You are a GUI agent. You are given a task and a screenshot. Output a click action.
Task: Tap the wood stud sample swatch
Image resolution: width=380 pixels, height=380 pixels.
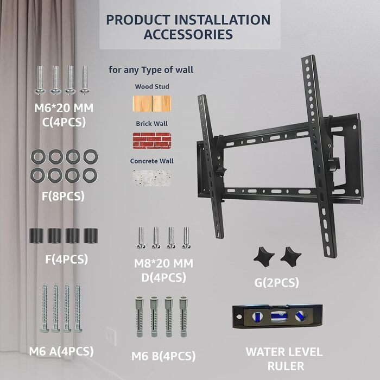point(152,104)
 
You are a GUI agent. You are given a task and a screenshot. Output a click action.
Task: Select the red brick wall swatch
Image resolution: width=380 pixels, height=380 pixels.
point(152,141)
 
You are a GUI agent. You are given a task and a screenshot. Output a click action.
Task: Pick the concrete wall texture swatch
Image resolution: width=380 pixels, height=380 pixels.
point(152,178)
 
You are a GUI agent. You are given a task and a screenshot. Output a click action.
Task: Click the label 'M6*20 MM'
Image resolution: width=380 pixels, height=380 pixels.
point(64,108)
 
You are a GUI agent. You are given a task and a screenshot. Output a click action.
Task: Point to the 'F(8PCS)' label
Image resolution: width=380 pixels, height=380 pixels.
point(64,196)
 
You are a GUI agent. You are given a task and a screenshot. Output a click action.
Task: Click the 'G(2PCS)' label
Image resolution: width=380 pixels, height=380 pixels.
point(276,283)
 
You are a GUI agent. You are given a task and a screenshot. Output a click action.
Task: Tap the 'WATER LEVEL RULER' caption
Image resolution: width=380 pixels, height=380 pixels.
point(284,359)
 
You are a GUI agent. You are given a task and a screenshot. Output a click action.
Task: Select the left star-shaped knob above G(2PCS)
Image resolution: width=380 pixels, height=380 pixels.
point(264,257)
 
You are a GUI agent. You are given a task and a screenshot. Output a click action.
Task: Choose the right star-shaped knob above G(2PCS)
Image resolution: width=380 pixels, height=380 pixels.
point(291,257)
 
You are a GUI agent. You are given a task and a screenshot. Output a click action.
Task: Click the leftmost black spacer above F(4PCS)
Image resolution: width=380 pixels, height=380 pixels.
point(36,236)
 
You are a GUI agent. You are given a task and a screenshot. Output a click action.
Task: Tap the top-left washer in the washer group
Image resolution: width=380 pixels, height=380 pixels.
point(38,156)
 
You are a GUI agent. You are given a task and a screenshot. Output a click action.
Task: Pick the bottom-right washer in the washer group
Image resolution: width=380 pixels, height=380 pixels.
point(90,175)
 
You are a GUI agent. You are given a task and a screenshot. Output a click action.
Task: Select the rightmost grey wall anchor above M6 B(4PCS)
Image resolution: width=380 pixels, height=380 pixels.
point(183,316)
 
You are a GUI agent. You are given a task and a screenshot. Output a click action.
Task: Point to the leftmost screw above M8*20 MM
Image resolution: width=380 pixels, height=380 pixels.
point(141,238)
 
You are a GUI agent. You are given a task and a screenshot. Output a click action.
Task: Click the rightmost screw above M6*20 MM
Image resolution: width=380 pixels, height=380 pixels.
point(85,80)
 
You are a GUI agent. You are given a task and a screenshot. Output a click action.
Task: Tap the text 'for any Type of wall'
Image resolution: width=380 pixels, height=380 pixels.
point(151,70)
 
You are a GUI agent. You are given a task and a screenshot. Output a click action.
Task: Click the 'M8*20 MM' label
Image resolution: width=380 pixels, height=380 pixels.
point(163,263)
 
